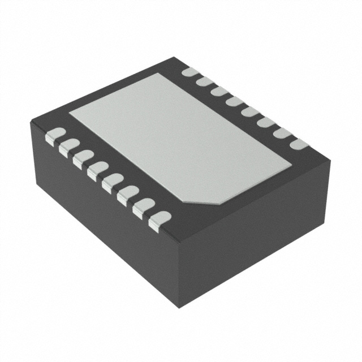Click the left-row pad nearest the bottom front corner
[x=158, y=221]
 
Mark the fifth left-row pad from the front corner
[x=98, y=171]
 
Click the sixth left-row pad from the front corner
[x=84, y=159]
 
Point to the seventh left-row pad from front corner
[x=69, y=147]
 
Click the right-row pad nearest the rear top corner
[x=190, y=73]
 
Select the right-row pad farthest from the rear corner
[x=298, y=144]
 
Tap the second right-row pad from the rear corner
[x=205, y=83]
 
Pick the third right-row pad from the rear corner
[x=219, y=92]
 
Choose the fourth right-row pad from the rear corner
[x=235, y=102]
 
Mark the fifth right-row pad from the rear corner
[x=250, y=112]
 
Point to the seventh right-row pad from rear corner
[x=282, y=133]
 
